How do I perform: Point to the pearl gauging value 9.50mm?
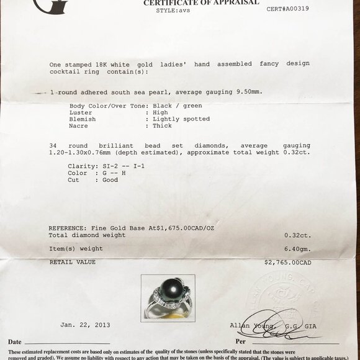pos(248,92)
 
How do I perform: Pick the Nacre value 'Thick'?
pos(162,125)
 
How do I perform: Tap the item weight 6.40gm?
pos(297,248)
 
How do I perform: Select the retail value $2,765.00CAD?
pos(288,263)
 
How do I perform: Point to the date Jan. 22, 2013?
pos(85,325)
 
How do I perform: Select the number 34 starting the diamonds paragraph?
pos(53,146)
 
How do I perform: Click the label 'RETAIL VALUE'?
pos(72,263)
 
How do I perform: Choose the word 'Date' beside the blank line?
pos(15,342)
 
